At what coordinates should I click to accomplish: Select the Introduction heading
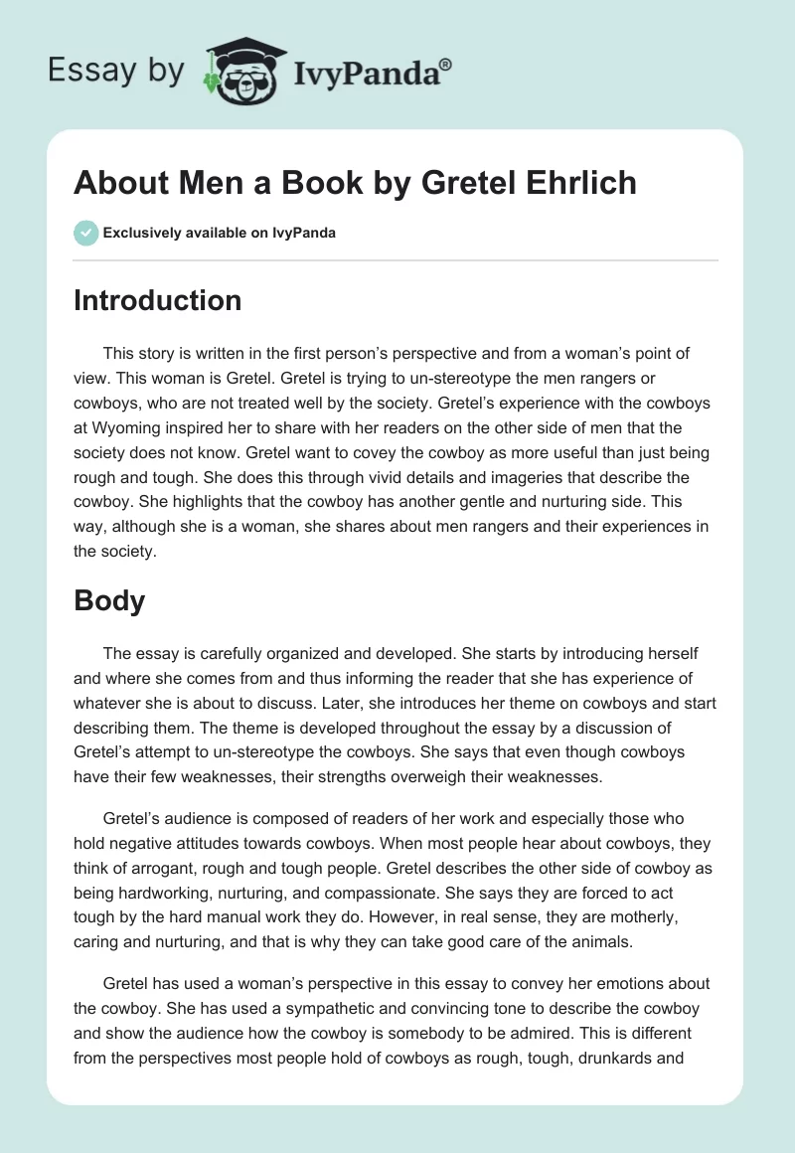157,300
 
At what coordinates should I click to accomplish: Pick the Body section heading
109,600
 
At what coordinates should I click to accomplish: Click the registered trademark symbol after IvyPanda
446,64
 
